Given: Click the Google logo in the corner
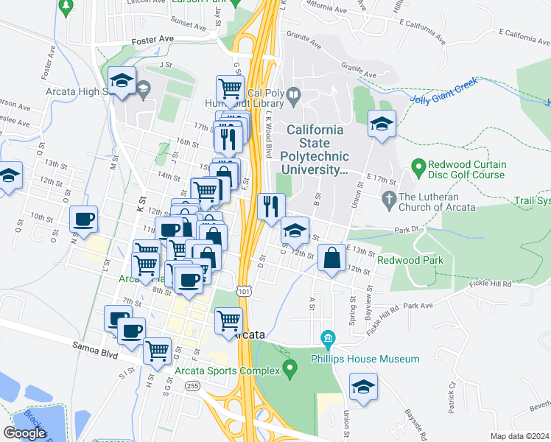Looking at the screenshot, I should click(24, 432).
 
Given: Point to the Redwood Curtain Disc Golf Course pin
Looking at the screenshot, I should click(418, 169).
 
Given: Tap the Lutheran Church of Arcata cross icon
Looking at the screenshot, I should click(388, 198).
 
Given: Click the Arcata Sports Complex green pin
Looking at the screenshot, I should click(290, 366).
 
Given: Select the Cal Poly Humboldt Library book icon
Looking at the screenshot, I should click(293, 94).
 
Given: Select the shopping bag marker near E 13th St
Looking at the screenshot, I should click(332, 257).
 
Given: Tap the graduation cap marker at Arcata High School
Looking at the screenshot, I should click(122, 80).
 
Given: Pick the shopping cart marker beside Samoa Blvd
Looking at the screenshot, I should click(158, 351).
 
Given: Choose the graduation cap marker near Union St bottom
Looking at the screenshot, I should click(362, 387).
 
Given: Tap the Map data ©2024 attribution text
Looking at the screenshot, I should click(519, 436).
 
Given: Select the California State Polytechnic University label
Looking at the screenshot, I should click(315, 150).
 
